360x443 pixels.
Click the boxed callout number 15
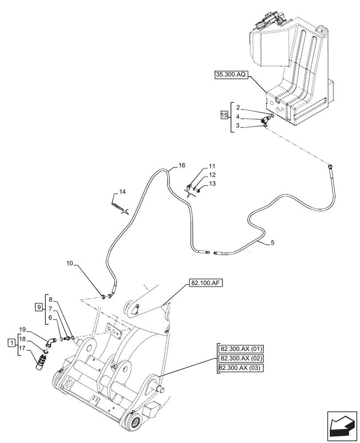(224, 116)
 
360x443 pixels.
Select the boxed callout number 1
(10, 342)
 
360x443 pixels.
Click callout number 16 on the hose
(182, 165)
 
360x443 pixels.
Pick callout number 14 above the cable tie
(122, 191)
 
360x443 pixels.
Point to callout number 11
(212, 167)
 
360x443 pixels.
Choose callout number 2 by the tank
(238, 107)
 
